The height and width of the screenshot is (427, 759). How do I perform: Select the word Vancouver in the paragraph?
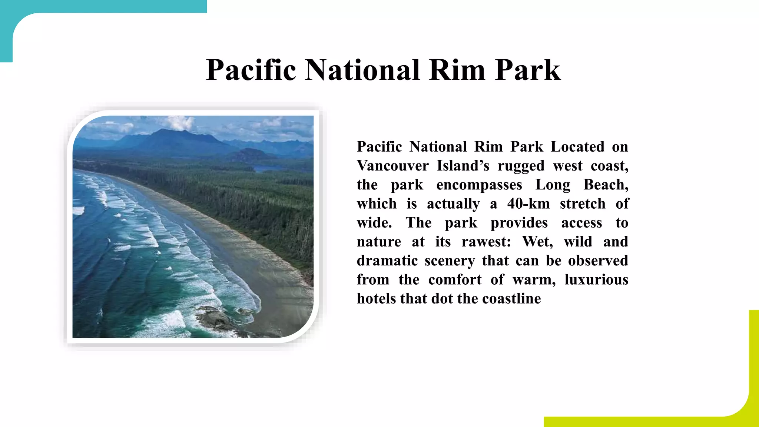(x=393, y=166)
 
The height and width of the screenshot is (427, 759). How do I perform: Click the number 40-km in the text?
(x=528, y=204)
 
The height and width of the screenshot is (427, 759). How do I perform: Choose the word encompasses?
(x=479, y=185)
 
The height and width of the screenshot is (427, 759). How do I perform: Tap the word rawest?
(x=486, y=242)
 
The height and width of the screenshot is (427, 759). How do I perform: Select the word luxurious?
(x=596, y=279)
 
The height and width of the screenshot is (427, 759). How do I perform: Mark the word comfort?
(x=455, y=279)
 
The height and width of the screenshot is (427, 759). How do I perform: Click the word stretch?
(x=583, y=204)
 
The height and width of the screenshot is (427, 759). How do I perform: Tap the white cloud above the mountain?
(x=180, y=123)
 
